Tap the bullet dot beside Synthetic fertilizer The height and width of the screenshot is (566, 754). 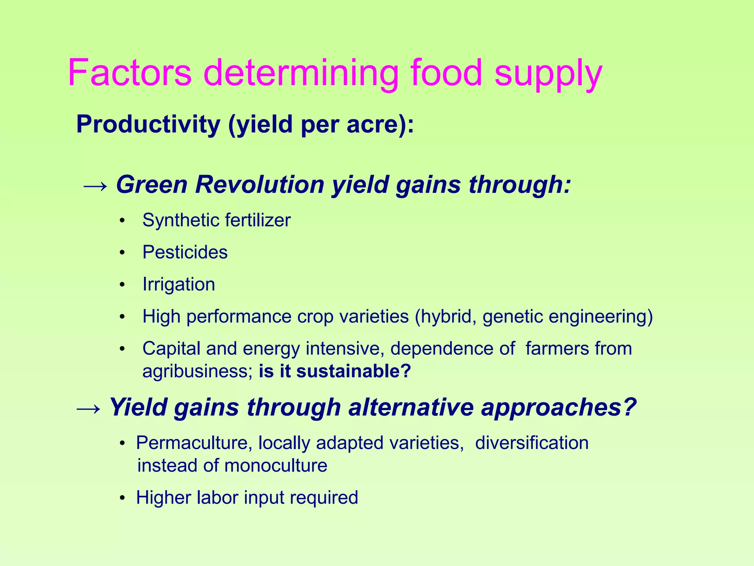coord(122,221)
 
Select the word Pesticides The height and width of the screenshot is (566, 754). coord(185,252)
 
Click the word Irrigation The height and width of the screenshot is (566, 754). coord(179,284)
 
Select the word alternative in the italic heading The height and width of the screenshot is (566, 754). coord(411,408)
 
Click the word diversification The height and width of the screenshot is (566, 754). coord(532,443)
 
